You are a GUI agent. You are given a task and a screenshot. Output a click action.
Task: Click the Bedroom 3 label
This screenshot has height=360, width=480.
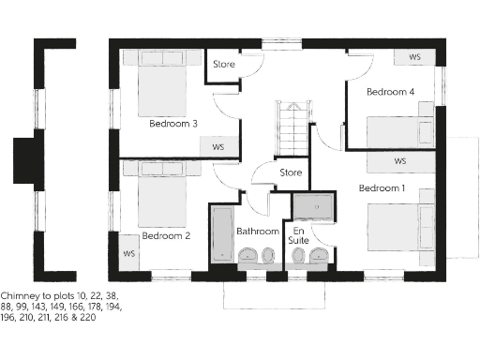[172, 123]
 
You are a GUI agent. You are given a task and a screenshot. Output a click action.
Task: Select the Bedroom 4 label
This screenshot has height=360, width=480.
[390, 92]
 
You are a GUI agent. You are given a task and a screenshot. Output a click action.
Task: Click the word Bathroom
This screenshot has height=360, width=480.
[257, 231]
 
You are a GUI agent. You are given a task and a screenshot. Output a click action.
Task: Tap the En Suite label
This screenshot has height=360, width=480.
[299, 235]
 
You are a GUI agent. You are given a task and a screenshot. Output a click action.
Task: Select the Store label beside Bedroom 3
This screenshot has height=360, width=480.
[223, 65]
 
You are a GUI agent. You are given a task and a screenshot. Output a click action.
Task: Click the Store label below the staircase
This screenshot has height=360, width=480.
[291, 173]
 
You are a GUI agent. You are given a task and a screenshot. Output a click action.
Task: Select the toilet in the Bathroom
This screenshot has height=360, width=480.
[249, 255]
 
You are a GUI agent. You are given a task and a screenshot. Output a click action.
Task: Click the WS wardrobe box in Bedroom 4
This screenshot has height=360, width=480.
[413, 58]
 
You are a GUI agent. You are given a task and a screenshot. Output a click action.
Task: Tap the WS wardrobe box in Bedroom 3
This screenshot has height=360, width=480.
[218, 147]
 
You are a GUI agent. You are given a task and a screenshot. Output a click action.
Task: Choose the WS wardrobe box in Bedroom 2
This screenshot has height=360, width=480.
[129, 254]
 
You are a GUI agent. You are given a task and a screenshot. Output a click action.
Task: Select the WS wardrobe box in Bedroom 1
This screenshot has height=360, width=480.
[400, 161]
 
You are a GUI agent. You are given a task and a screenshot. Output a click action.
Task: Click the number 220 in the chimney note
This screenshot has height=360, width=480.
[86, 317]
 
